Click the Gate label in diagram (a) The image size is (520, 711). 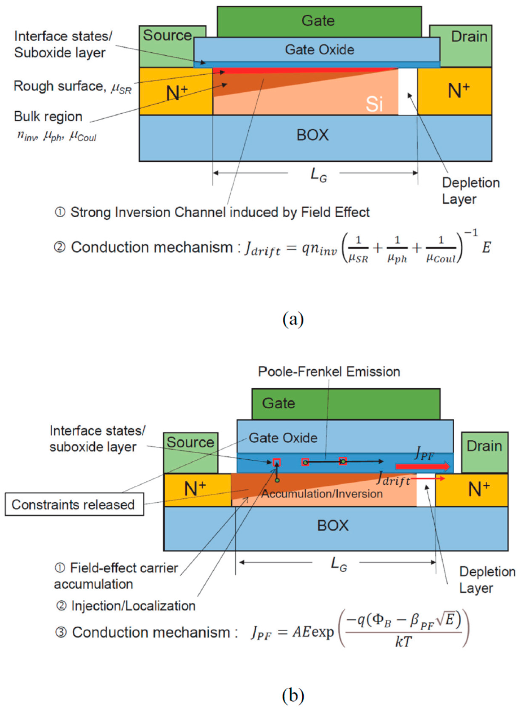coord(318,21)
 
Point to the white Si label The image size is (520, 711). coord(374,104)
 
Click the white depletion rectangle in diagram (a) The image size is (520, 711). coord(408,91)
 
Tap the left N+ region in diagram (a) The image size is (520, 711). coord(176,91)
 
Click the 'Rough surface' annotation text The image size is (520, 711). coord(60,86)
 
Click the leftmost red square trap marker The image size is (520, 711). coord(277,462)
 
